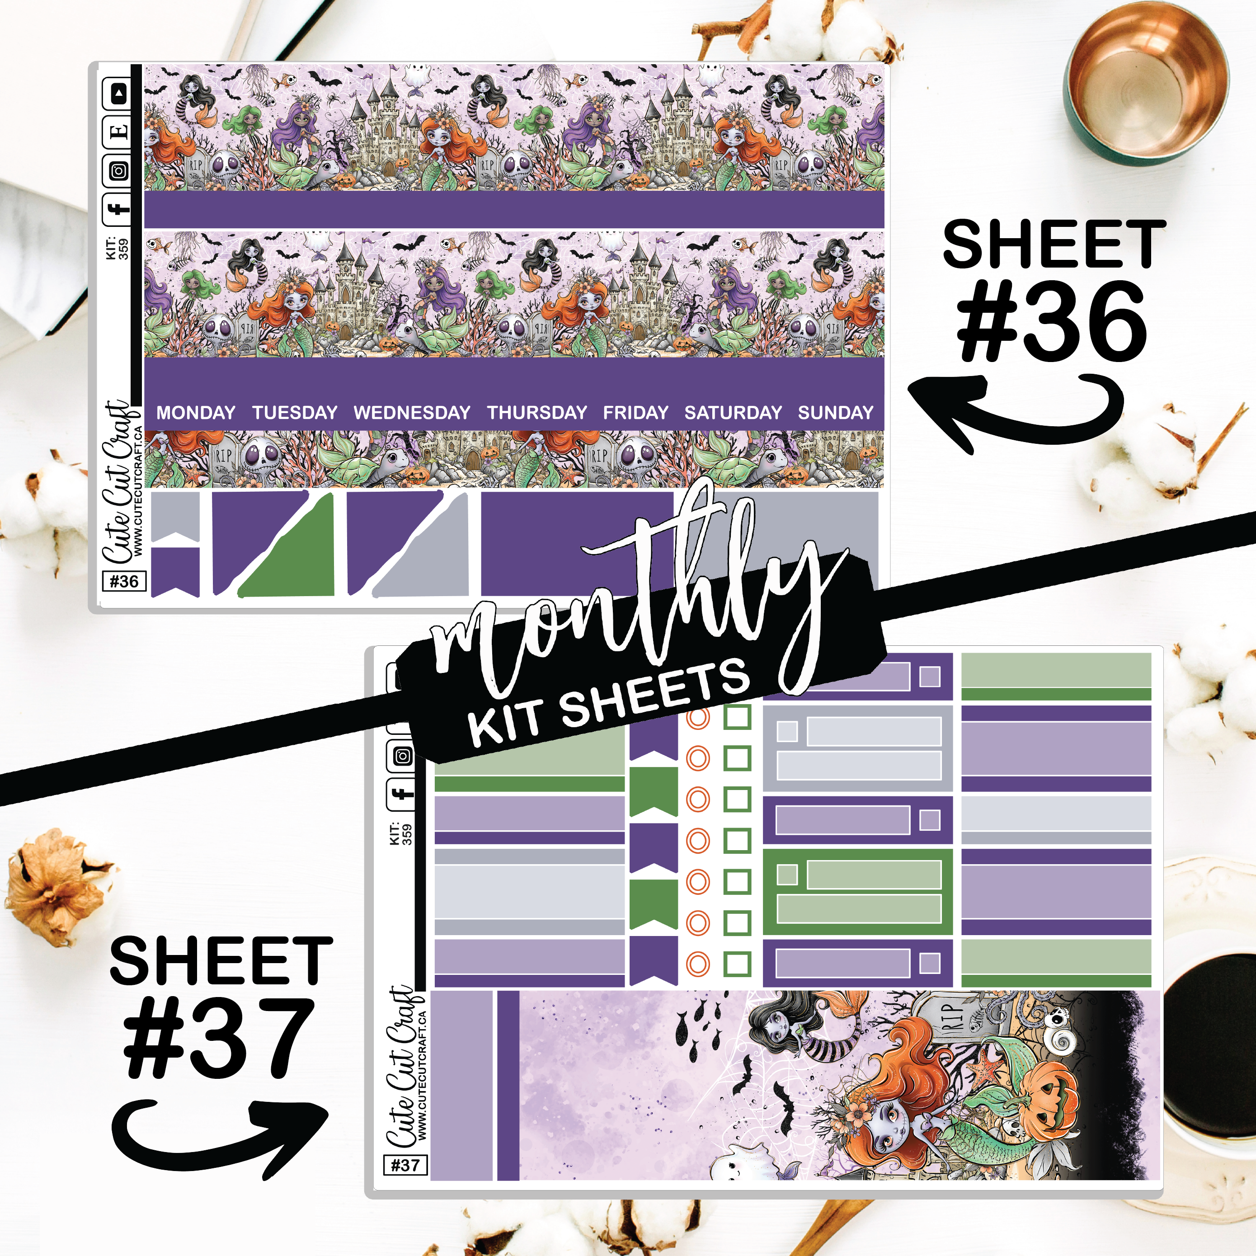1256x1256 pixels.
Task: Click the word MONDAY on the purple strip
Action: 196,412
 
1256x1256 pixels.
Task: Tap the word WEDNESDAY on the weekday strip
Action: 412,412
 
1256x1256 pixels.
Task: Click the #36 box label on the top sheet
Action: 124,581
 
